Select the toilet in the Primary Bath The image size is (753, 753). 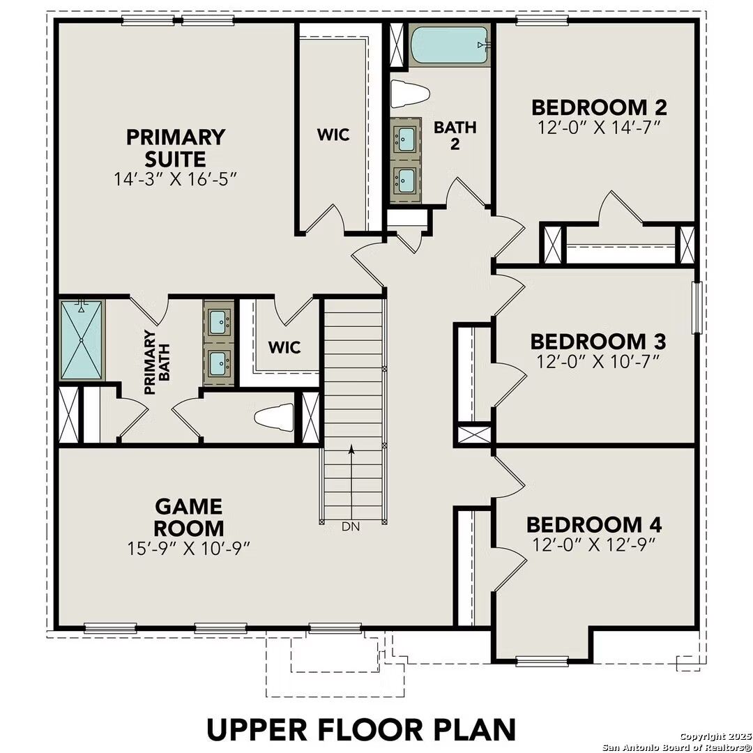(x=273, y=418)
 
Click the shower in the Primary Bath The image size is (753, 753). (x=82, y=340)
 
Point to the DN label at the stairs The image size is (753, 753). (x=351, y=527)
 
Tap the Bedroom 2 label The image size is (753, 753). (x=599, y=107)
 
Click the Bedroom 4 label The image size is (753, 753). (x=594, y=524)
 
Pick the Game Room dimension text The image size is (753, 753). (x=189, y=547)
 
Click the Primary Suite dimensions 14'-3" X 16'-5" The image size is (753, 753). (x=176, y=178)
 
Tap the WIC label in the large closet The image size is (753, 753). (x=333, y=135)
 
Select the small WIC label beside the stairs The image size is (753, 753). (x=284, y=347)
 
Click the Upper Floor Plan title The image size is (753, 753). (x=361, y=729)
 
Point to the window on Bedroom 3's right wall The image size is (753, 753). (x=695, y=307)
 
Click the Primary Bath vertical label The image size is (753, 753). (x=156, y=363)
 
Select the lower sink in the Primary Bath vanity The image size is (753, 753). (x=219, y=361)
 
